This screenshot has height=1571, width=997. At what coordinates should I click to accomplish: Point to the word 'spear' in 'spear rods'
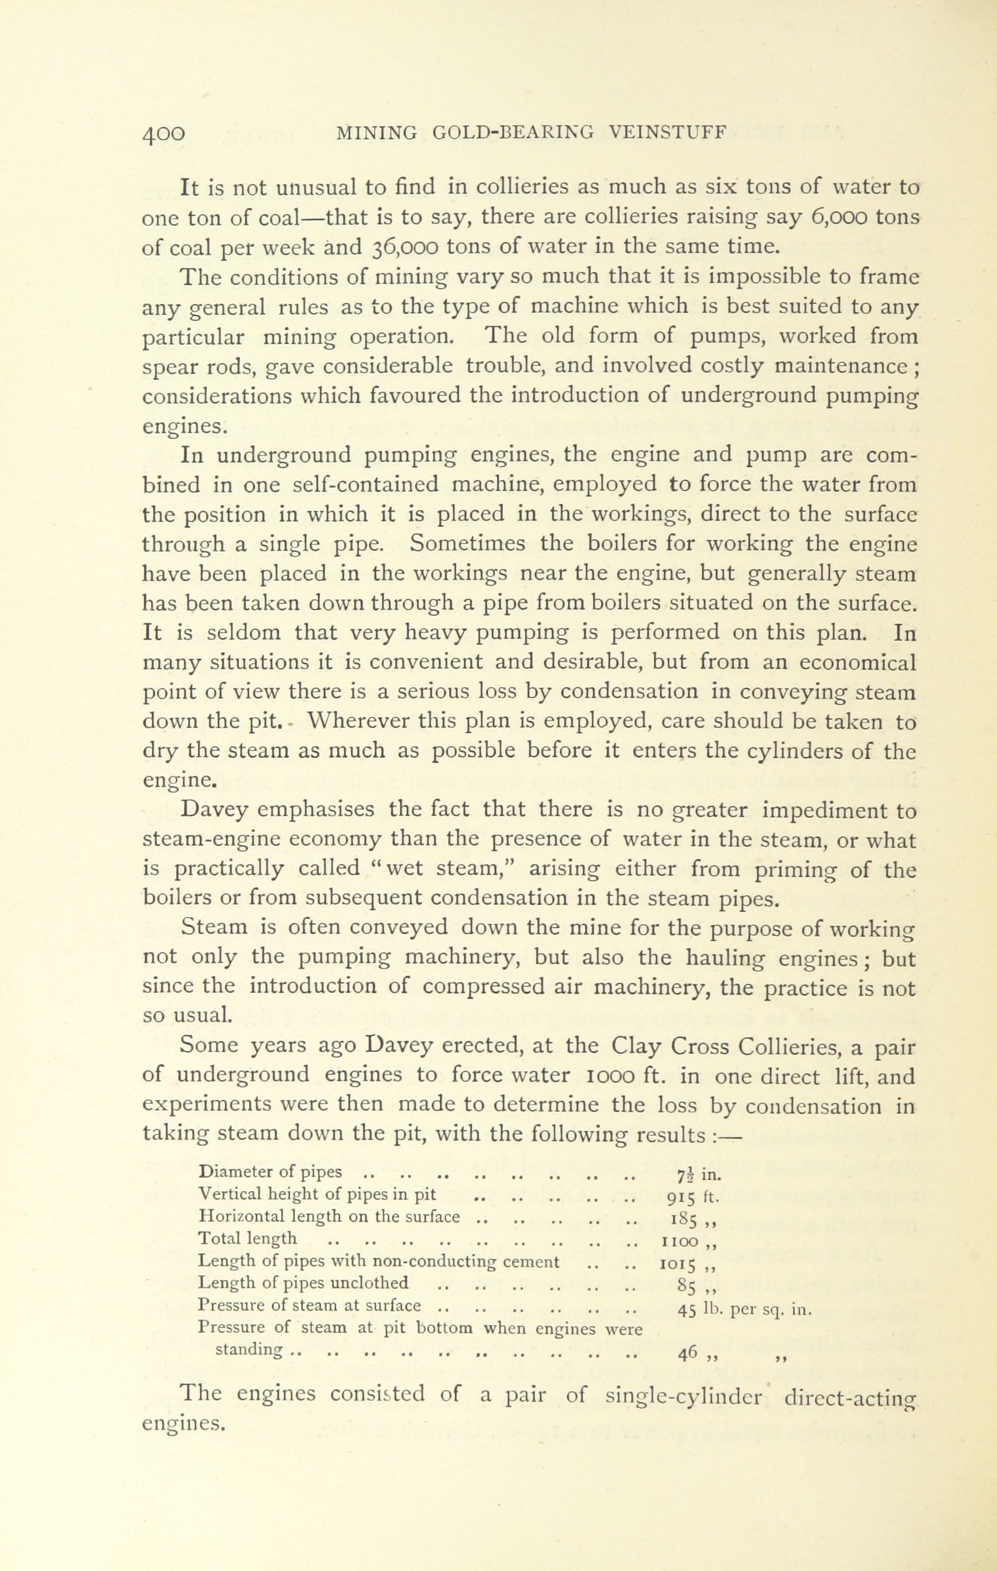pyautogui.click(x=171, y=367)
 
